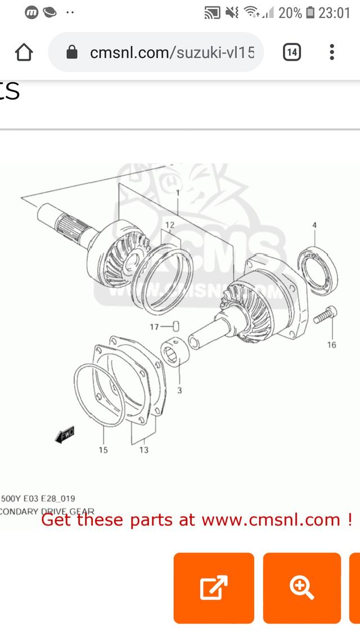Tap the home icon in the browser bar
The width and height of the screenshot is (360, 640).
pos(24,53)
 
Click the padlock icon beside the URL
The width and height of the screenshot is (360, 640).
pos(71,53)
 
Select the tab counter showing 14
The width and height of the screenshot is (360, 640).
pos(291,53)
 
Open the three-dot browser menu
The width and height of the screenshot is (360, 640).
pos(332,53)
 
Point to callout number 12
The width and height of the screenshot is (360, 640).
pos(170,225)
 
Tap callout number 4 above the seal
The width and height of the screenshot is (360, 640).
pos(314,226)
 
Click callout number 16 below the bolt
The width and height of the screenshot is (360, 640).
pos(331,344)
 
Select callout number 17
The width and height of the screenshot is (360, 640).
pos(154,326)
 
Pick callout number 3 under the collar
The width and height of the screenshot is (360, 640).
pos(179,390)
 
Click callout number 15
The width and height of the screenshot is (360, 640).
pos(103,450)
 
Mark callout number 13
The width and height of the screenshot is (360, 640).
pos(143,450)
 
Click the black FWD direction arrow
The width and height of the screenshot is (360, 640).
pos(65,435)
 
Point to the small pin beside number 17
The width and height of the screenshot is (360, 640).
pos(175,326)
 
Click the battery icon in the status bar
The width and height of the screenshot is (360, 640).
pos(310,12)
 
